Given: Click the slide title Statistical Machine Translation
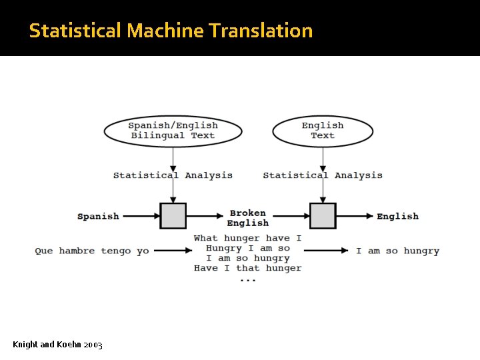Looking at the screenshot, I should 171,31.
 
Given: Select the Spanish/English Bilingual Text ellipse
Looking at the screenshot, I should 173,131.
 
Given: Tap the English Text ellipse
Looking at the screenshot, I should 323,131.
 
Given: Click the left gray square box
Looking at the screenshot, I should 173,216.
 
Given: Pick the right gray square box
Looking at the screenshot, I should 323,216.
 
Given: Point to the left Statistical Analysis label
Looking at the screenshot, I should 173,175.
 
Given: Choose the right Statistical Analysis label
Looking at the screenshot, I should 323,175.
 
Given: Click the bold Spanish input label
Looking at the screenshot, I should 98,216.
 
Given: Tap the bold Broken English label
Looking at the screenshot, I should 248,218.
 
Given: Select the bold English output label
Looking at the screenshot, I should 398,216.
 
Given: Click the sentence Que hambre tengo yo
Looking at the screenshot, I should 92,251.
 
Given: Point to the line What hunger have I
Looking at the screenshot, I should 248,238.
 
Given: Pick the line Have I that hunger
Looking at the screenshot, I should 248,268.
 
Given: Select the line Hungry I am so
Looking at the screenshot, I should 248,248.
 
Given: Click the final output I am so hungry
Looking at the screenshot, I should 397,251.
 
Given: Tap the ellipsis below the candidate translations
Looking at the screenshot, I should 248,279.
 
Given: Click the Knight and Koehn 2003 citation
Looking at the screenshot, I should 57,345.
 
